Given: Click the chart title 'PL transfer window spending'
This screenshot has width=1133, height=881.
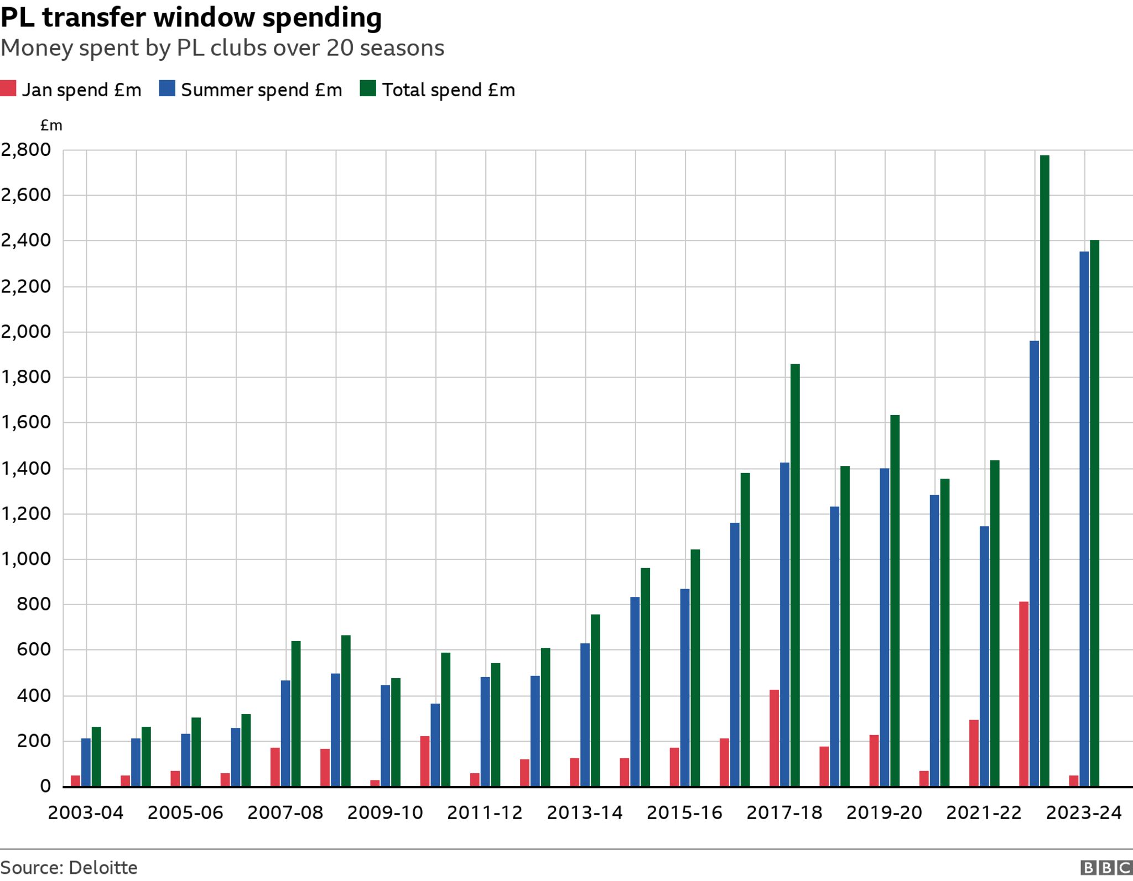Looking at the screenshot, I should (191, 18).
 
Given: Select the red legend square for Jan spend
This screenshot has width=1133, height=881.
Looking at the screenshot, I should (8, 89).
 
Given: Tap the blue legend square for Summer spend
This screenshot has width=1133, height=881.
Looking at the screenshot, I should (167, 89).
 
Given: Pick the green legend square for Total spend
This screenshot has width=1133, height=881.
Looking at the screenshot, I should (368, 89).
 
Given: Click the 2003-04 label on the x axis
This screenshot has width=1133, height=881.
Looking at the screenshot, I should (86, 812).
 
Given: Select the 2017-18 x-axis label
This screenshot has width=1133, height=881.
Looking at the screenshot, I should (784, 812).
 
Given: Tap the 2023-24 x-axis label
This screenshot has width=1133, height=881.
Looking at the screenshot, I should (1084, 812).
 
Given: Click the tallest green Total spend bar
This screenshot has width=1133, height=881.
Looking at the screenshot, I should (1044, 470).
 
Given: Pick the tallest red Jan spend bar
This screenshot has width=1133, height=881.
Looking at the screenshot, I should (1024, 694).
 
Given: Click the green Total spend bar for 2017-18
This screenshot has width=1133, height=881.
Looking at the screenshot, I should (795, 575).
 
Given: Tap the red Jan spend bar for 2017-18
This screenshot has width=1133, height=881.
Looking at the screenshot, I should (774, 738).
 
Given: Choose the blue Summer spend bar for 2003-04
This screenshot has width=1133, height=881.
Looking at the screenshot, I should (86, 762).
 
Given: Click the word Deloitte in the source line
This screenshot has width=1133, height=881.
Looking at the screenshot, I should (103, 868).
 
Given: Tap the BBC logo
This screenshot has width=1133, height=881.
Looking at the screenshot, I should (1106, 868).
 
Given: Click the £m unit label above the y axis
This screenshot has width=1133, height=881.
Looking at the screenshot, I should (51, 126).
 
